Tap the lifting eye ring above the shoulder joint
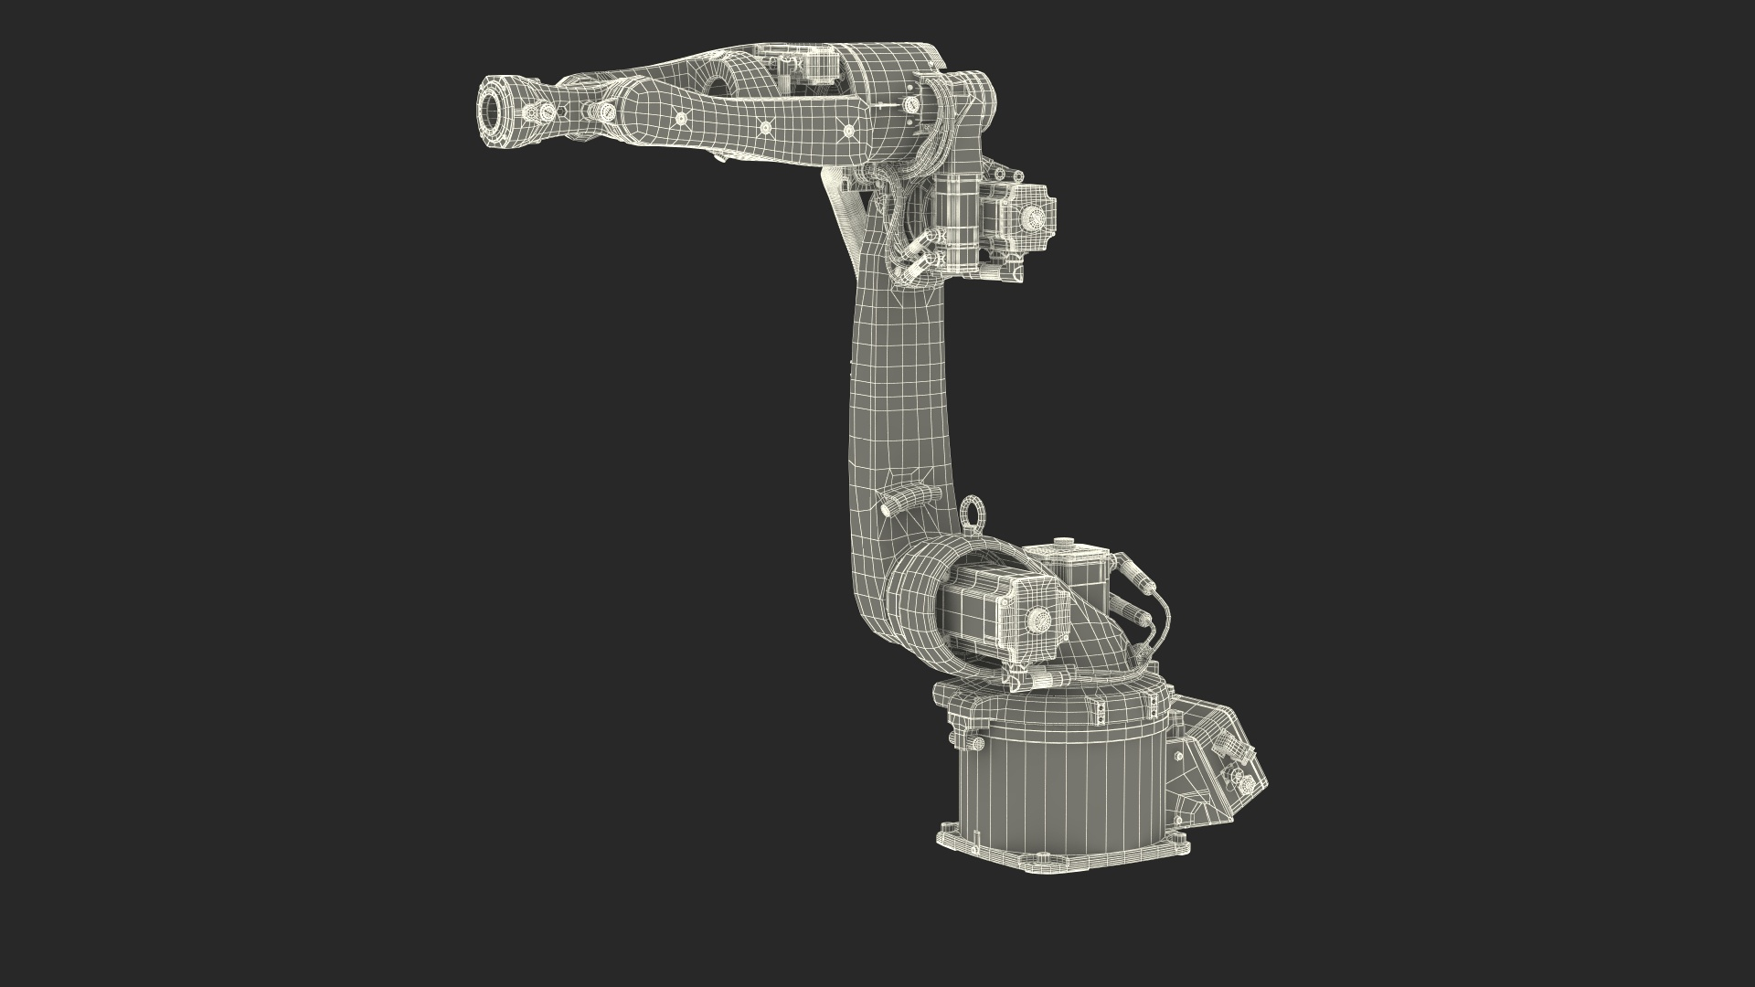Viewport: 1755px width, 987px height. click(972, 512)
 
